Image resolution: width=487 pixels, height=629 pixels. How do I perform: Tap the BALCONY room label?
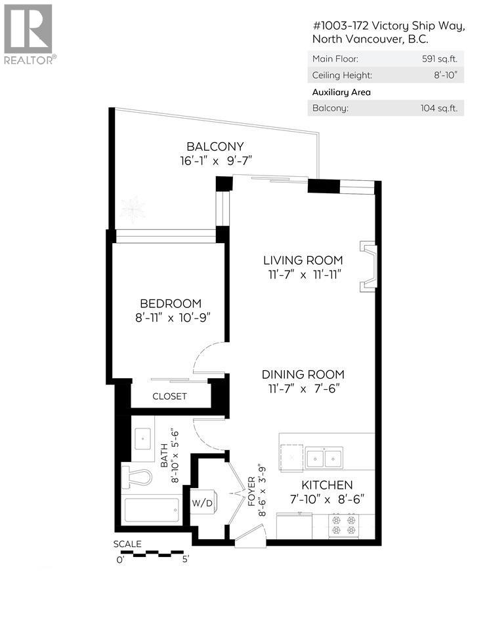pyautogui.click(x=215, y=146)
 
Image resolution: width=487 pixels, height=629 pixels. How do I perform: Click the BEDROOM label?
pyautogui.click(x=170, y=303)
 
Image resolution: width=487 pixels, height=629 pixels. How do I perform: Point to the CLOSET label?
pyautogui.click(x=169, y=396)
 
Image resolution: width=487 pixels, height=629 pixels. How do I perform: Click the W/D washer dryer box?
pyautogui.click(x=201, y=503)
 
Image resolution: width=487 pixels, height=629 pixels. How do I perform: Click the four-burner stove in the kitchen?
pyautogui.click(x=343, y=525)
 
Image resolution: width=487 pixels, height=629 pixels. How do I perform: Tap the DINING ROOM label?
pyautogui.click(x=303, y=374)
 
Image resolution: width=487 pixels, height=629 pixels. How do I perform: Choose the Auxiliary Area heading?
pyautogui.click(x=341, y=92)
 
